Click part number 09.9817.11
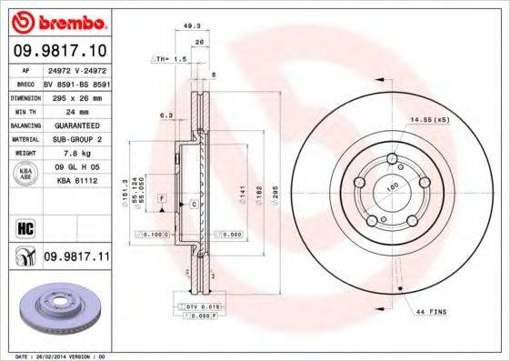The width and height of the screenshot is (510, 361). [76, 257]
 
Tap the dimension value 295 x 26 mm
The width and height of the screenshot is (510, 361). [76, 95]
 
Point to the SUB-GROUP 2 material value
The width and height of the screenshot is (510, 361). [76, 139]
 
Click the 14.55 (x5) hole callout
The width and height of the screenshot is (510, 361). [430, 119]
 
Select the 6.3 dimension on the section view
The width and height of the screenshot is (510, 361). [165, 115]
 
